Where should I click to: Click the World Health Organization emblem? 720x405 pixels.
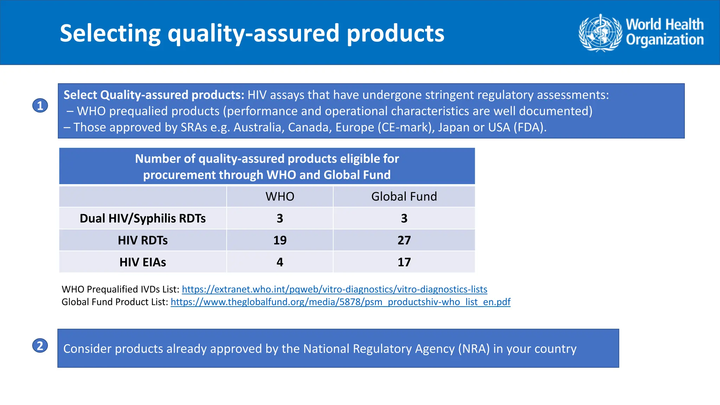point(600,33)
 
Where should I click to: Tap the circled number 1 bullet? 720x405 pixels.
point(40,105)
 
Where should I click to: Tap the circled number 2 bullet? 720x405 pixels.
point(40,346)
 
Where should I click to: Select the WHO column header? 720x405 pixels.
point(280,197)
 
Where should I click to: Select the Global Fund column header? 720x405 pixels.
point(404,197)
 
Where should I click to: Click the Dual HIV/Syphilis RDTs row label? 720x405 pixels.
point(143,218)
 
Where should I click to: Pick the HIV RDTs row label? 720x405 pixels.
point(143,240)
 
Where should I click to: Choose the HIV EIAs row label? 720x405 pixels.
point(143,262)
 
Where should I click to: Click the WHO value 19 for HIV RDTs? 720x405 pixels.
point(280,240)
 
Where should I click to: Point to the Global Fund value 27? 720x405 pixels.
point(404,240)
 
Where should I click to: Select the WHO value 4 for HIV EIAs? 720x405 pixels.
point(280,262)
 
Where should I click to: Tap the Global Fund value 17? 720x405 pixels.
point(404,262)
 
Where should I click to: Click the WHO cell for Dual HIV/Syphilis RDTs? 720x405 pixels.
point(280,218)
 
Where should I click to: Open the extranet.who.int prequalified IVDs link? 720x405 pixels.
point(334,289)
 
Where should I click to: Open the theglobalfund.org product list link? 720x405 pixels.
point(340,302)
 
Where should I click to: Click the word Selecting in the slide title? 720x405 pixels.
point(110,33)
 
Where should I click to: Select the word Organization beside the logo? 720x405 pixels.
point(665,40)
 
